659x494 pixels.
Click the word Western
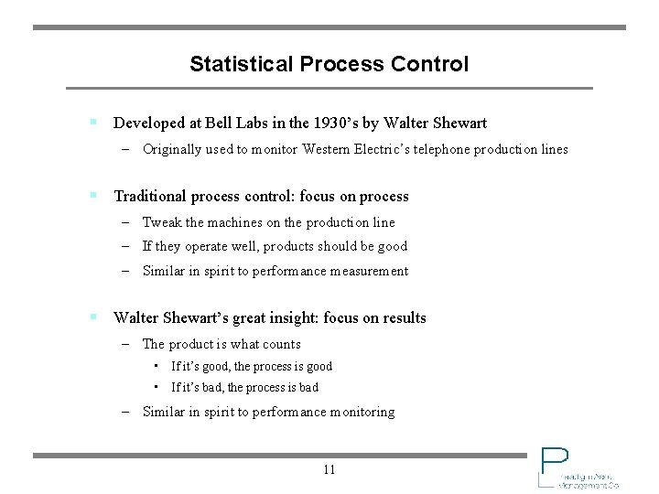[330, 149]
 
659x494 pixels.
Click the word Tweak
[162, 222]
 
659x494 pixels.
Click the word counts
[281, 344]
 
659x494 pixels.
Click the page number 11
[329, 470]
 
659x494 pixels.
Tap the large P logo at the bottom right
[553, 463]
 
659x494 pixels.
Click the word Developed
[149, 123]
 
